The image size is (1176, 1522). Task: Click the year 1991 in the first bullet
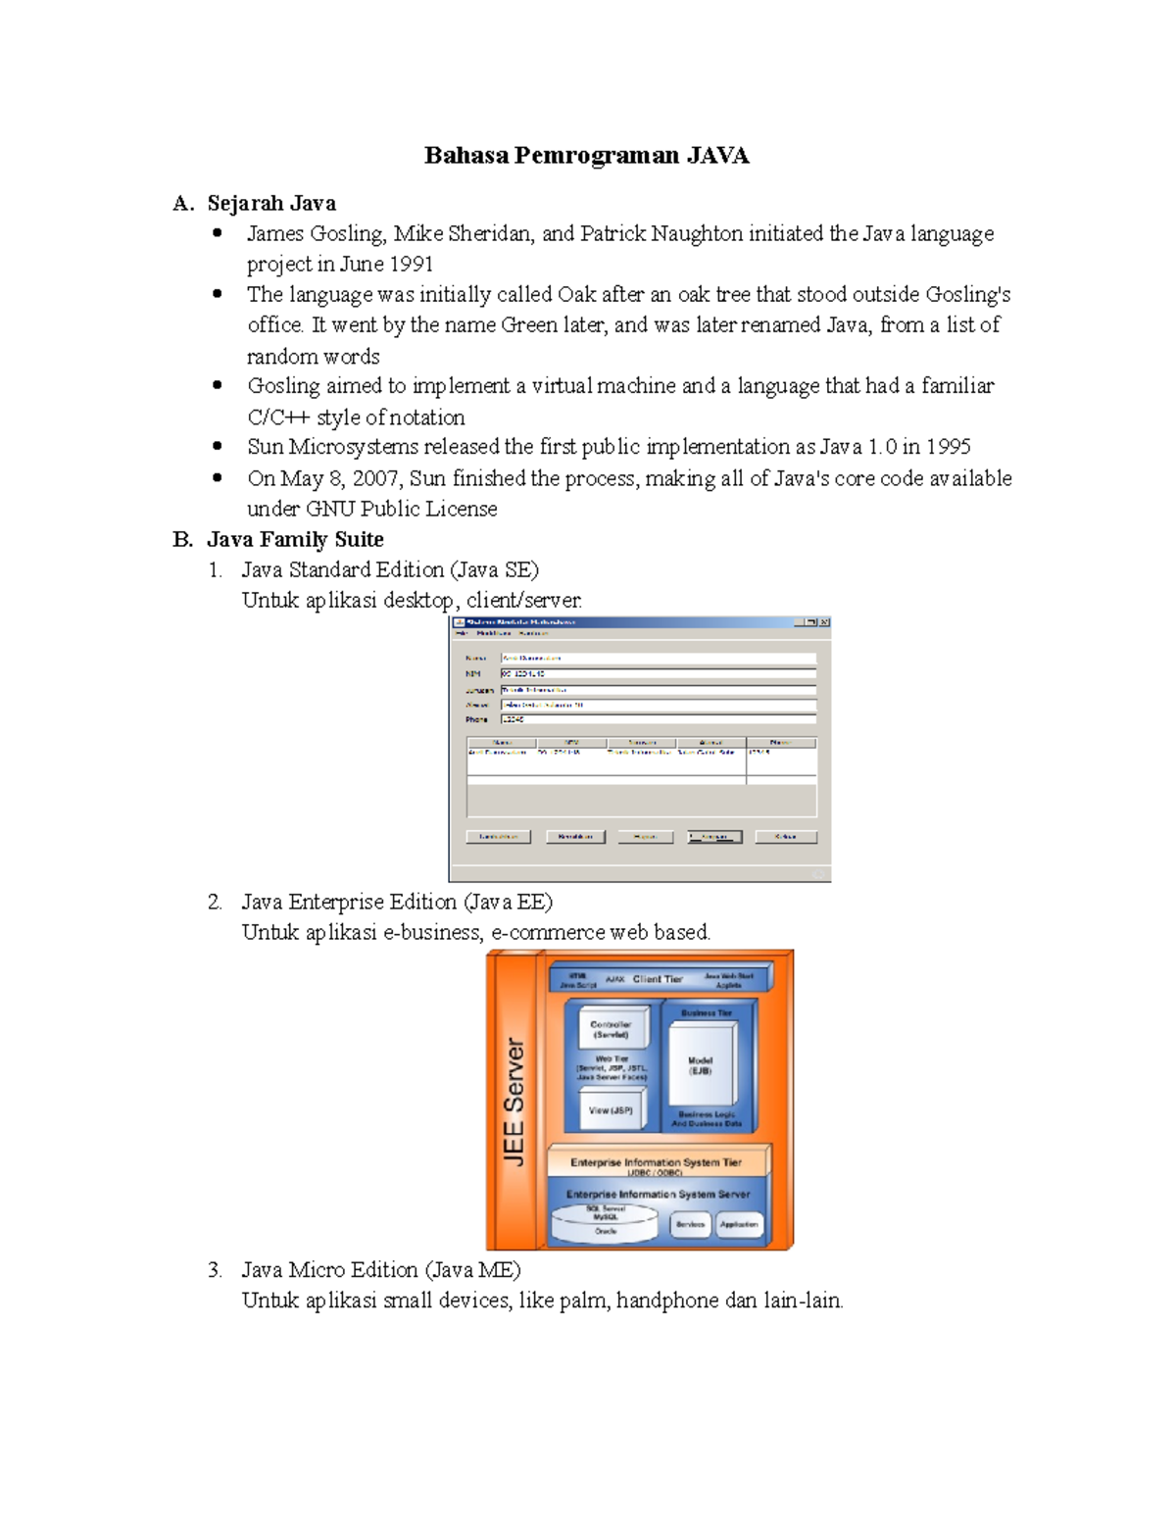tap(412, 265)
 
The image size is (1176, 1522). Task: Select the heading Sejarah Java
tap(271, 204)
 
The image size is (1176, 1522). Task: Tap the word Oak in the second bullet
tap(577, 295)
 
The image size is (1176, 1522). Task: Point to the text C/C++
tap(278, 417)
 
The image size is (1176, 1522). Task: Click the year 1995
tap(948, 448)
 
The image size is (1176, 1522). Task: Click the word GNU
tap(330, 510)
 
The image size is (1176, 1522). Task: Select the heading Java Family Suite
tap(295, 540)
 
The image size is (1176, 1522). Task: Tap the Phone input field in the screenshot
tap(658, 720)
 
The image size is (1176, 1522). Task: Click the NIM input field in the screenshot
tap(658, 674)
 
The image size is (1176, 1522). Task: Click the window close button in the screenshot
tap(824, 622)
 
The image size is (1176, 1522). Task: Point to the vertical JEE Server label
tap(514, 1102)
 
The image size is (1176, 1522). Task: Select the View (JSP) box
tap(611, 1110)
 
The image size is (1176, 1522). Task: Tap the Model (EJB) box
tap(700, 1066)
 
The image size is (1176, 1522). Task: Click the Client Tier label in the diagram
tap(658, 979)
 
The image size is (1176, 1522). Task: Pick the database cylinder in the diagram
tap(606, 1222)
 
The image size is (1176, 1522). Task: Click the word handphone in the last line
tap(667, 1301)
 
